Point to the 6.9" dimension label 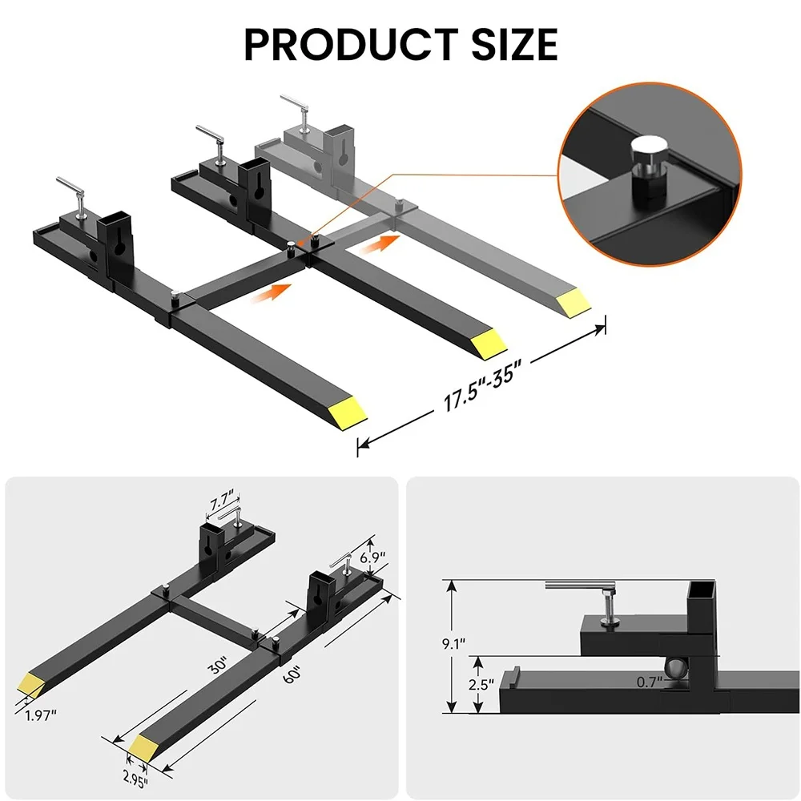click(x=374, y=556)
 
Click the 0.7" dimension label click(x=649, y=682)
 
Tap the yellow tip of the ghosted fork click(x=575, y=302)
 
